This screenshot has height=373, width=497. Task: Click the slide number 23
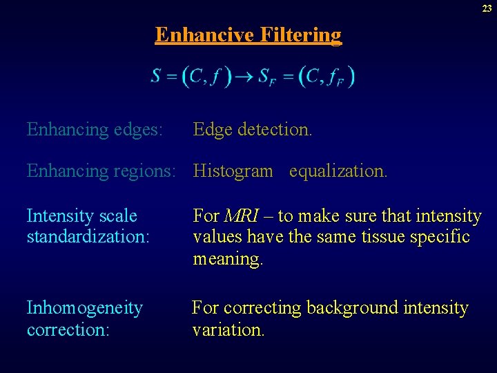487,8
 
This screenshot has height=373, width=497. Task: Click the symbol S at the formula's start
157,77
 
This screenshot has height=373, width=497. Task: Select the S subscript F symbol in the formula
266,77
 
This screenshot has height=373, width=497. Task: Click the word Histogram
233,171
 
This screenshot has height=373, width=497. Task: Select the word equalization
338,171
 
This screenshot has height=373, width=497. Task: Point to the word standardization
88,237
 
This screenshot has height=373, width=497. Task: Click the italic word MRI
242,216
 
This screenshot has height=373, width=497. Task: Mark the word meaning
228,259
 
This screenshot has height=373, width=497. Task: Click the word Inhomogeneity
84,308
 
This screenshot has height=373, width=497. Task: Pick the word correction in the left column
68,329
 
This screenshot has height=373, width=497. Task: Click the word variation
228,329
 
